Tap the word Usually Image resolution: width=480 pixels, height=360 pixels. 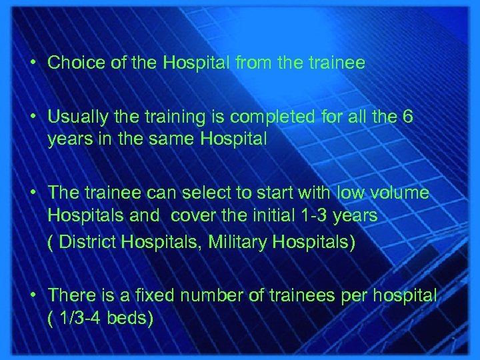[75, 117]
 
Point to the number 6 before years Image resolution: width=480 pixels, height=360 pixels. [408, 117]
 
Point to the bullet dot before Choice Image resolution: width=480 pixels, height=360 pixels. [33, 64]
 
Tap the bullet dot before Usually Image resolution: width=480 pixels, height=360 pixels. [33, 118]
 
